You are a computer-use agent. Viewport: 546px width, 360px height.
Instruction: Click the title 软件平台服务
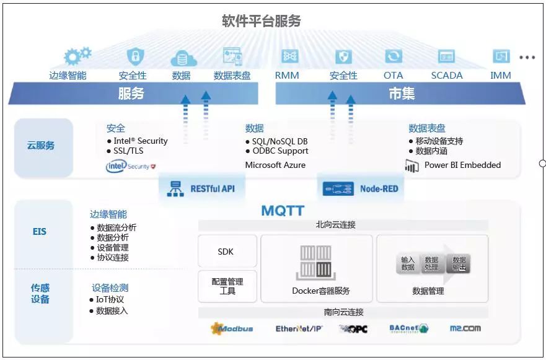262,21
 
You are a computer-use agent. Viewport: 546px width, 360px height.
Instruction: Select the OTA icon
393,56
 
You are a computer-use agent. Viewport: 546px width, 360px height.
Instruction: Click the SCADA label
447,76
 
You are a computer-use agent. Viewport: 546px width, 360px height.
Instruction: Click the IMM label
501,76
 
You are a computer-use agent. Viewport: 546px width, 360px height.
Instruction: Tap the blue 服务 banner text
131,94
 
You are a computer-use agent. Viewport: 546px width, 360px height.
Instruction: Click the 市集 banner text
402,94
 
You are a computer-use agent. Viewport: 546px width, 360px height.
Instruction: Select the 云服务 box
41,146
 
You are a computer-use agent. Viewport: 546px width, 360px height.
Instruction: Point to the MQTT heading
282,211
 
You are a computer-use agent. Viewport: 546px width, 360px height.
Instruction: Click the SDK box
226,252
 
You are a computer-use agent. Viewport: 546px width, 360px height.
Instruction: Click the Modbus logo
232,328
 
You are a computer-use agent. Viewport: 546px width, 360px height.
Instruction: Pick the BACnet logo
408,328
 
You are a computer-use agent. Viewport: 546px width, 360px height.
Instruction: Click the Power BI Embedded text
462,165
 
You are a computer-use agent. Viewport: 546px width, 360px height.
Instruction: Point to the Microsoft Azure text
275,165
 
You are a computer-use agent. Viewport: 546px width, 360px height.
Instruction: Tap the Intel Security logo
130,167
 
